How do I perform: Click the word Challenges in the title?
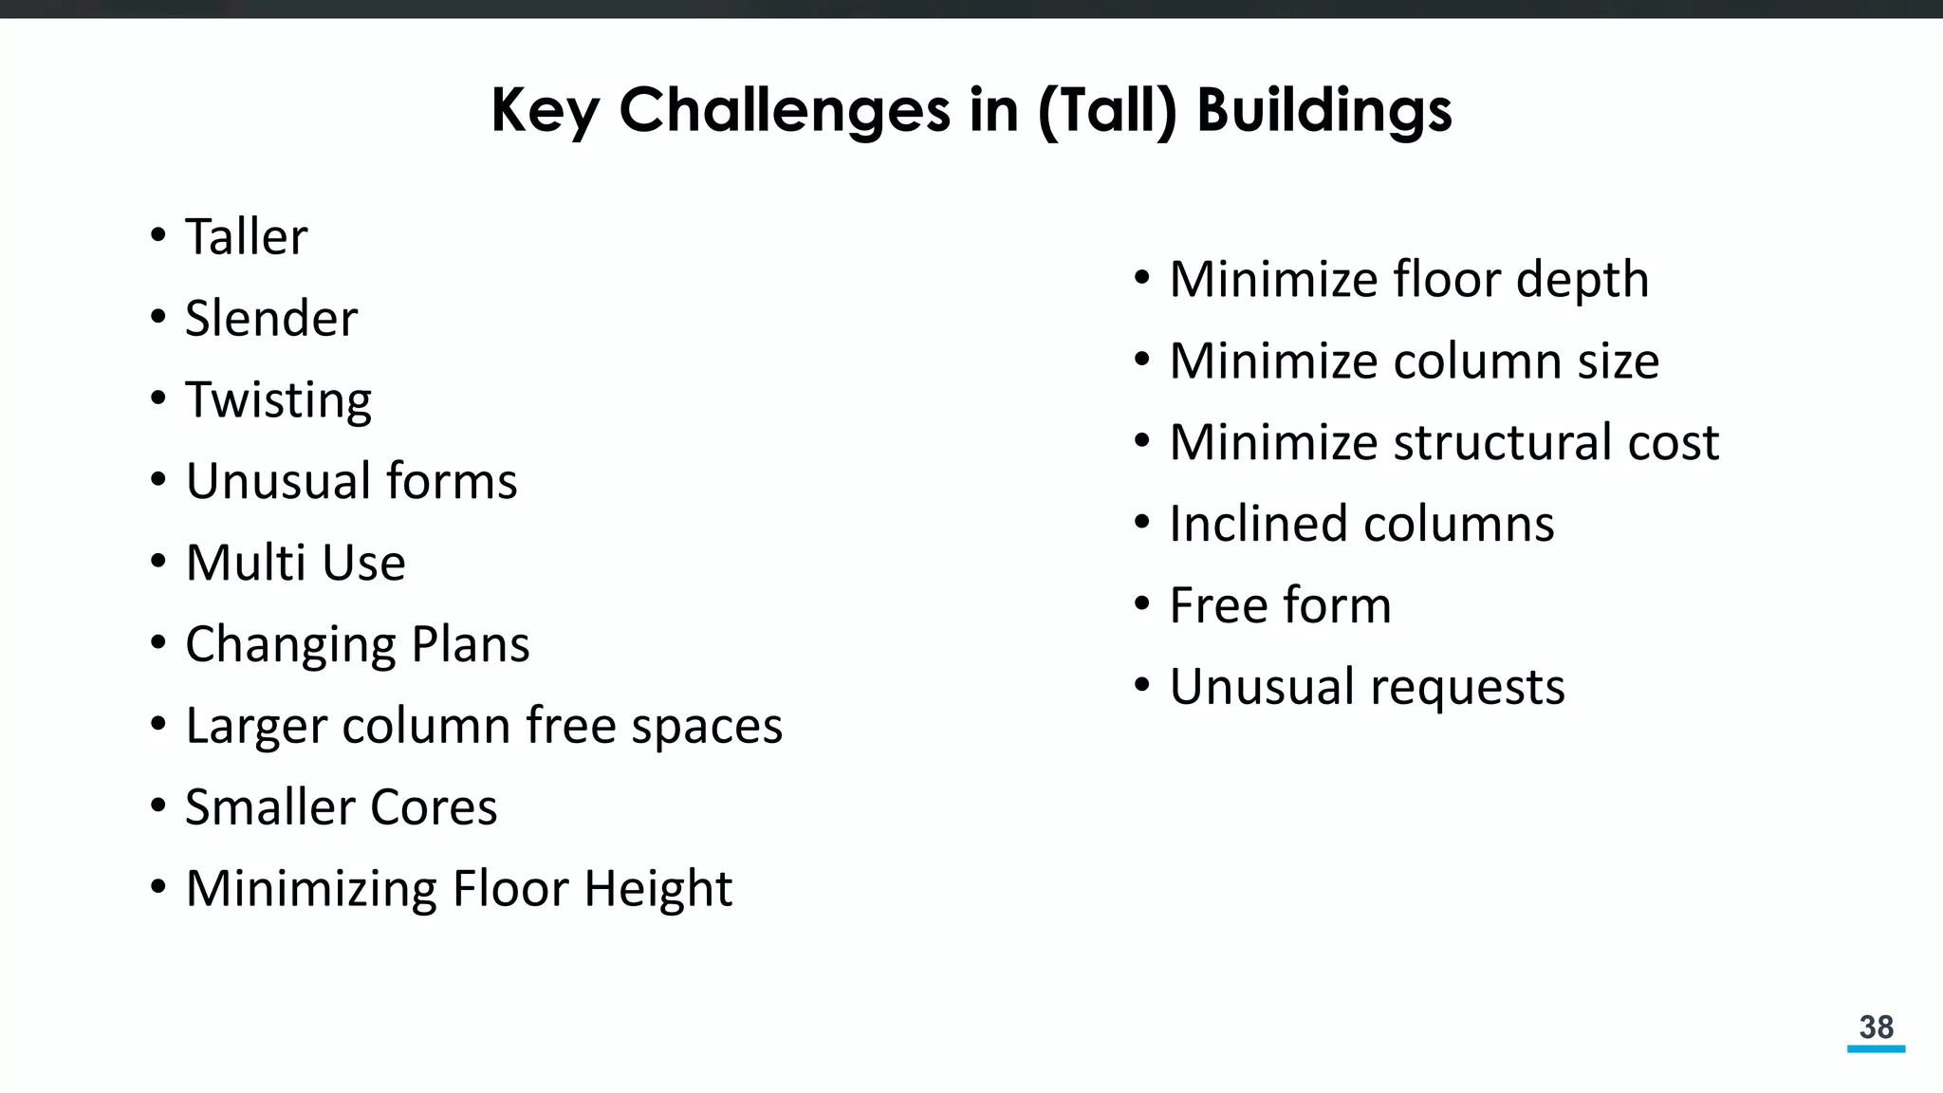[x=784, y=110]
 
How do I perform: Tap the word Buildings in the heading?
[x=1323, y=110]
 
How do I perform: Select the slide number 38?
[x=1876, y=1027]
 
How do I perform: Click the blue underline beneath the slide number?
[x=1876, y=1048]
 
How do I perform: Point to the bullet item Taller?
[x=246, y=236]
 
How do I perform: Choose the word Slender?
[x=271, y=318]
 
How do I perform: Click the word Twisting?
[x=278, y=399]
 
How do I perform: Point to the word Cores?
[x=434, y=807]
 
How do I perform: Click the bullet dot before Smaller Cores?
[x=158, y=806]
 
